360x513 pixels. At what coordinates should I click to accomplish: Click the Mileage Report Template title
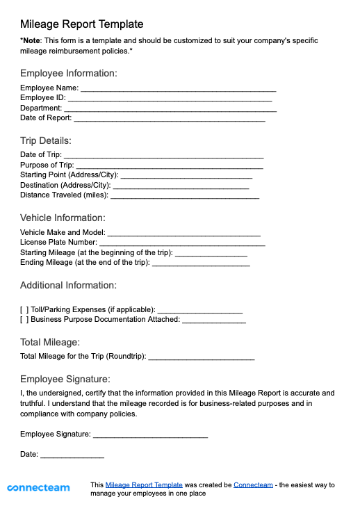82,24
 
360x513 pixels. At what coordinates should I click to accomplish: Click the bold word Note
31,41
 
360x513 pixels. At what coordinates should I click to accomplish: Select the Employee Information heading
68,73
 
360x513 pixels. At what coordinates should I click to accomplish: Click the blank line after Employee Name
179,90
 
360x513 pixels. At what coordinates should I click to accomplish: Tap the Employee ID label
42,98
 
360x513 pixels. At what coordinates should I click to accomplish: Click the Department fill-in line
170,110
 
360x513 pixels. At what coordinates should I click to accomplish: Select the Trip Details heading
46,140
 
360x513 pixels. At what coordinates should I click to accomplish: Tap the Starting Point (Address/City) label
69,174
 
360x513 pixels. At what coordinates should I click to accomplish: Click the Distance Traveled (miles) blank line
185,197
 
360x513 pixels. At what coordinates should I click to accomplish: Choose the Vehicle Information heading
63,218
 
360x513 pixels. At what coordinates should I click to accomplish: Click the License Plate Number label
58,243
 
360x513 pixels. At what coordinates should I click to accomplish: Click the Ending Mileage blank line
201,265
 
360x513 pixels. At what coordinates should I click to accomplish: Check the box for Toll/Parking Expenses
24,309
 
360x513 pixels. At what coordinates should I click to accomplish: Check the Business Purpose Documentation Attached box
24,320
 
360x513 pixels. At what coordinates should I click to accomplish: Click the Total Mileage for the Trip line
202,358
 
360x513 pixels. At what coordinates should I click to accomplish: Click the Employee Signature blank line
150,436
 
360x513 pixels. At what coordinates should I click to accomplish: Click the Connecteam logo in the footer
38,488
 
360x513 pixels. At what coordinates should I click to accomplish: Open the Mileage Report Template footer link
144,484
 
